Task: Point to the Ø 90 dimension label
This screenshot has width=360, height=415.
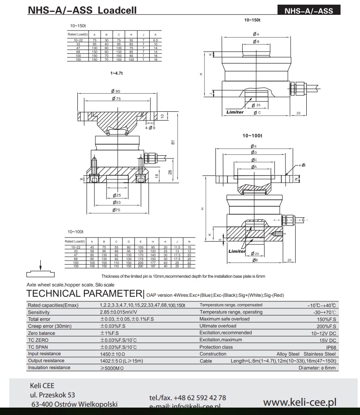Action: [115, 91]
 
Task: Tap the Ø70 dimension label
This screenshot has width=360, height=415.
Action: [115, 210]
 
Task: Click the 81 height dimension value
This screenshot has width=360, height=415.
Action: [172, 142]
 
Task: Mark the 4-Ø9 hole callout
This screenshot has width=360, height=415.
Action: [150, 128]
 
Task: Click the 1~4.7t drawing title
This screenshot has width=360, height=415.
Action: [116, 73]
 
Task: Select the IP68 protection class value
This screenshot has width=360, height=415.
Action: [330, 347]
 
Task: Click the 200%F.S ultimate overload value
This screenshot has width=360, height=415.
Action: [326, 326]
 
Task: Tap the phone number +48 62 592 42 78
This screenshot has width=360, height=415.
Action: [188, 398]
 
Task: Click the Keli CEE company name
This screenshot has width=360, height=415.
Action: [42, 386]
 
